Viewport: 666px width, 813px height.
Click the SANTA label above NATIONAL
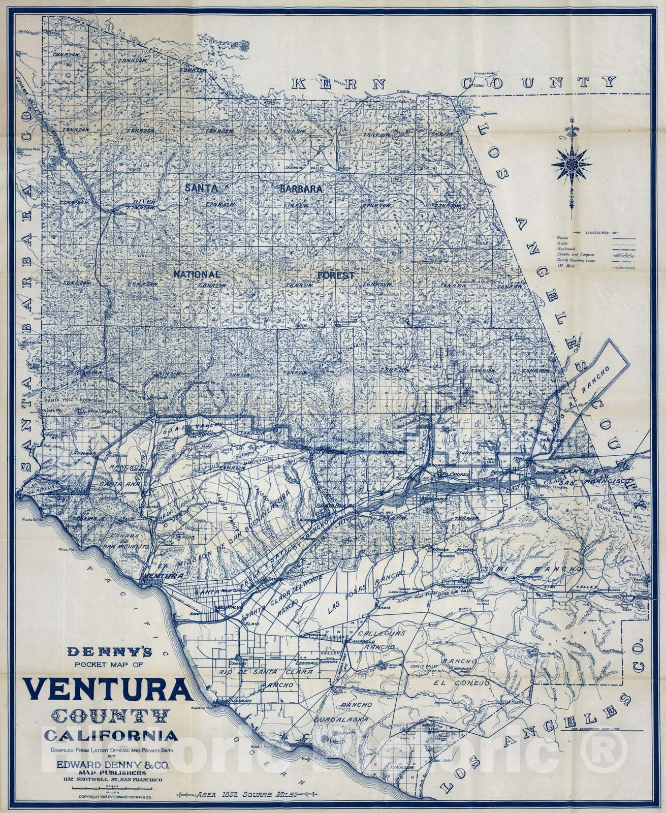(x=201, y=187)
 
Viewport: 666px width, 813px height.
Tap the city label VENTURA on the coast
(x=163, y=576)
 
